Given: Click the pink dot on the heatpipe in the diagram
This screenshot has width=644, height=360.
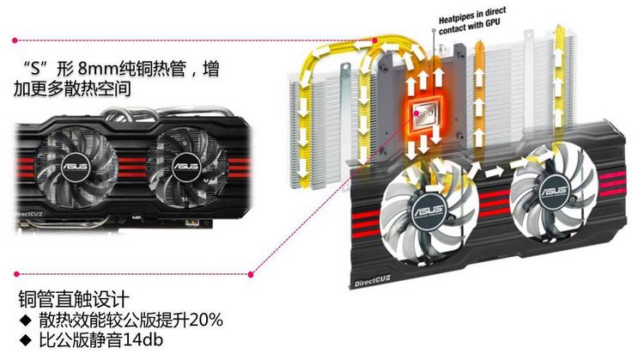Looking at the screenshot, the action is tap(375, 40).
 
